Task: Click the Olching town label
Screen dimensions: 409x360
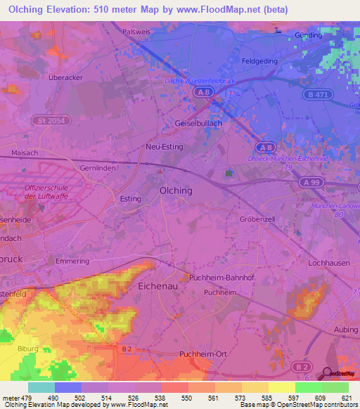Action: pyautogui.click(x=176, y=190)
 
